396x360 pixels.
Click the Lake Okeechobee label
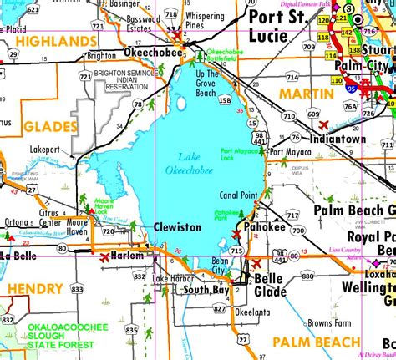pyautogui.click(x=195, y=164)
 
